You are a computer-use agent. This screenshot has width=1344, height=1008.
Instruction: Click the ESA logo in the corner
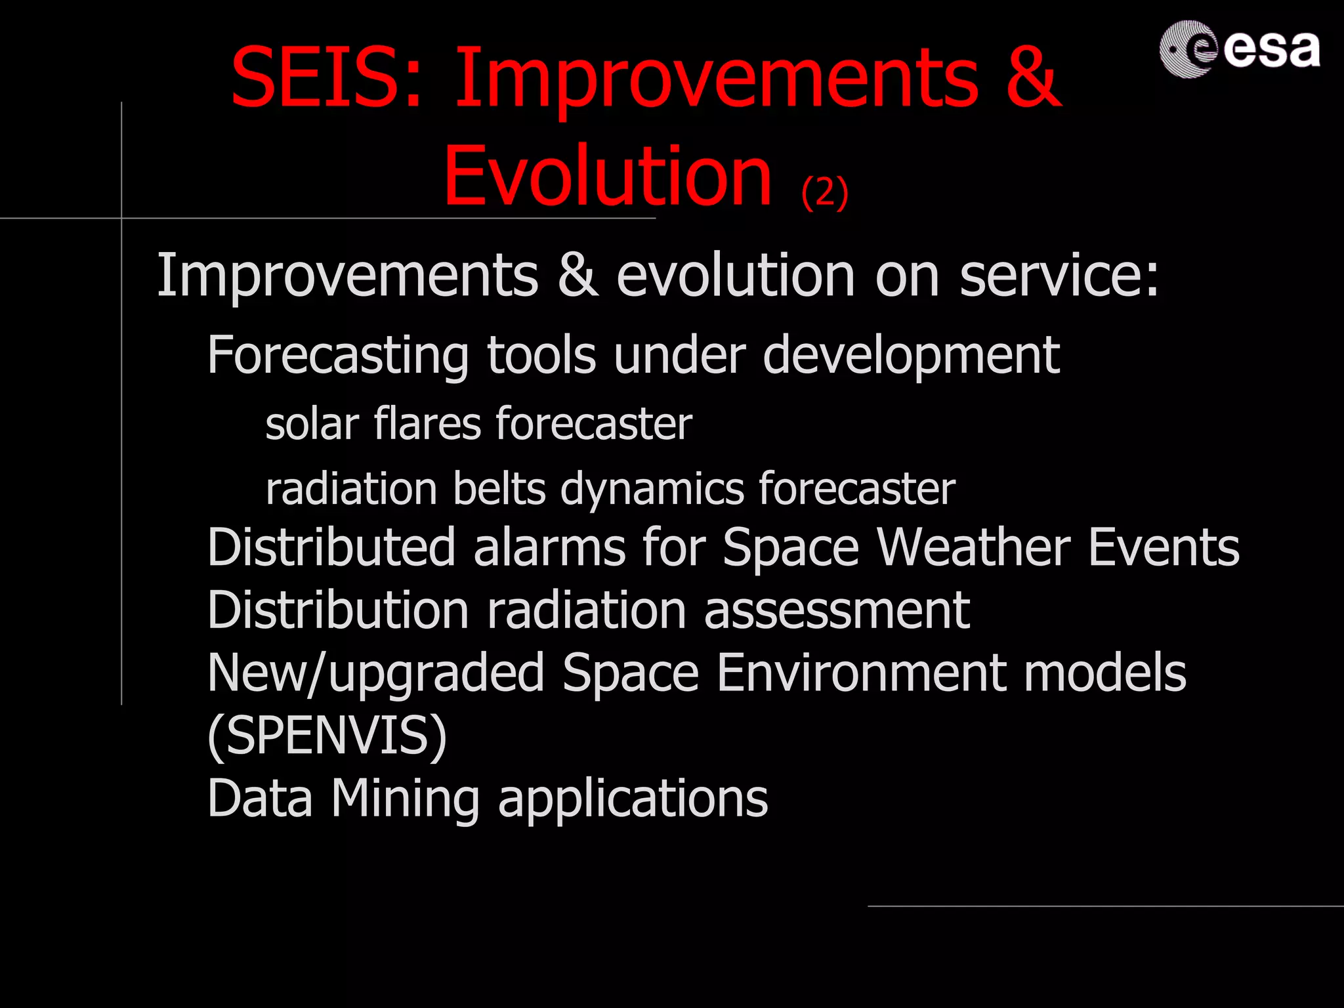coord(1239,49)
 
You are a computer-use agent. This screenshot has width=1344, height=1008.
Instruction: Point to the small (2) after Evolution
coord(825,192)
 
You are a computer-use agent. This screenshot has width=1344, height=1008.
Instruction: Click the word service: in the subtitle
coord(1059,276)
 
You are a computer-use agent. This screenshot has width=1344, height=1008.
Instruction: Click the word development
coord(911,355)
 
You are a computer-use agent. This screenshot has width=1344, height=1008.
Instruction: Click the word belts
coord(499,489)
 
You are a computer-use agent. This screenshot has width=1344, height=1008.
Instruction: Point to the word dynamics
coord(652,489)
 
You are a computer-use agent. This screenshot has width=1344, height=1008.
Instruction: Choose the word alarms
coord(549,547)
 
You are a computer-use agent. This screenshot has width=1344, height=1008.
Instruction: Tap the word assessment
coord(837,610)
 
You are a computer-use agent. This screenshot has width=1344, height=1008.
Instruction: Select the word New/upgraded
coord(375,674)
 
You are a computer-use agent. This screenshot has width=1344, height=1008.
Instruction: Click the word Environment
coord(861,673)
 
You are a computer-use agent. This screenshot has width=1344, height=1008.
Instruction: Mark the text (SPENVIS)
coord(327,736)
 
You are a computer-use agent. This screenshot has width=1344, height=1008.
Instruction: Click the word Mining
coord(405,799)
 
